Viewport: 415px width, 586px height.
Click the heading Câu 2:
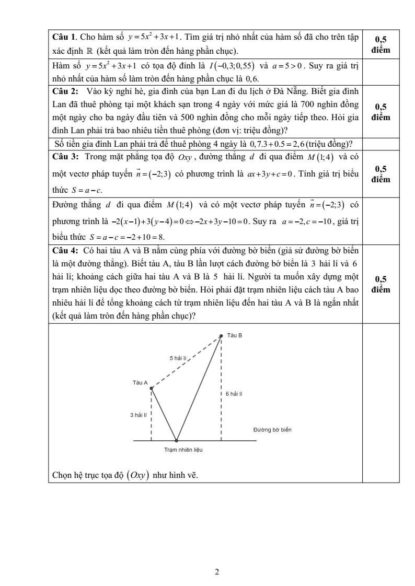[x=66, y=91]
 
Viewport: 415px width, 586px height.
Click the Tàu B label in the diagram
[x=235, y=335]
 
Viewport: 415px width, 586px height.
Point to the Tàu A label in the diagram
[x=141, y=383]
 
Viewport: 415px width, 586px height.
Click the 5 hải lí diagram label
[x=178, y=358]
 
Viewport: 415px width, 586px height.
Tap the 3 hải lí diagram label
[x=139, y=415]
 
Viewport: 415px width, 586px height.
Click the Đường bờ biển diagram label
[x=272, y=430]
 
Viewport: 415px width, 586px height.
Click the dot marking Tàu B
[x=221, y=336]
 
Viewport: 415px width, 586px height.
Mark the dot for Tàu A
[x=151, y=388]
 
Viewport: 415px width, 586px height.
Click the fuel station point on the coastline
[x=176, y=440]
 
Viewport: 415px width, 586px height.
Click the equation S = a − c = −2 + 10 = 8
[x=119, y=237]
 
